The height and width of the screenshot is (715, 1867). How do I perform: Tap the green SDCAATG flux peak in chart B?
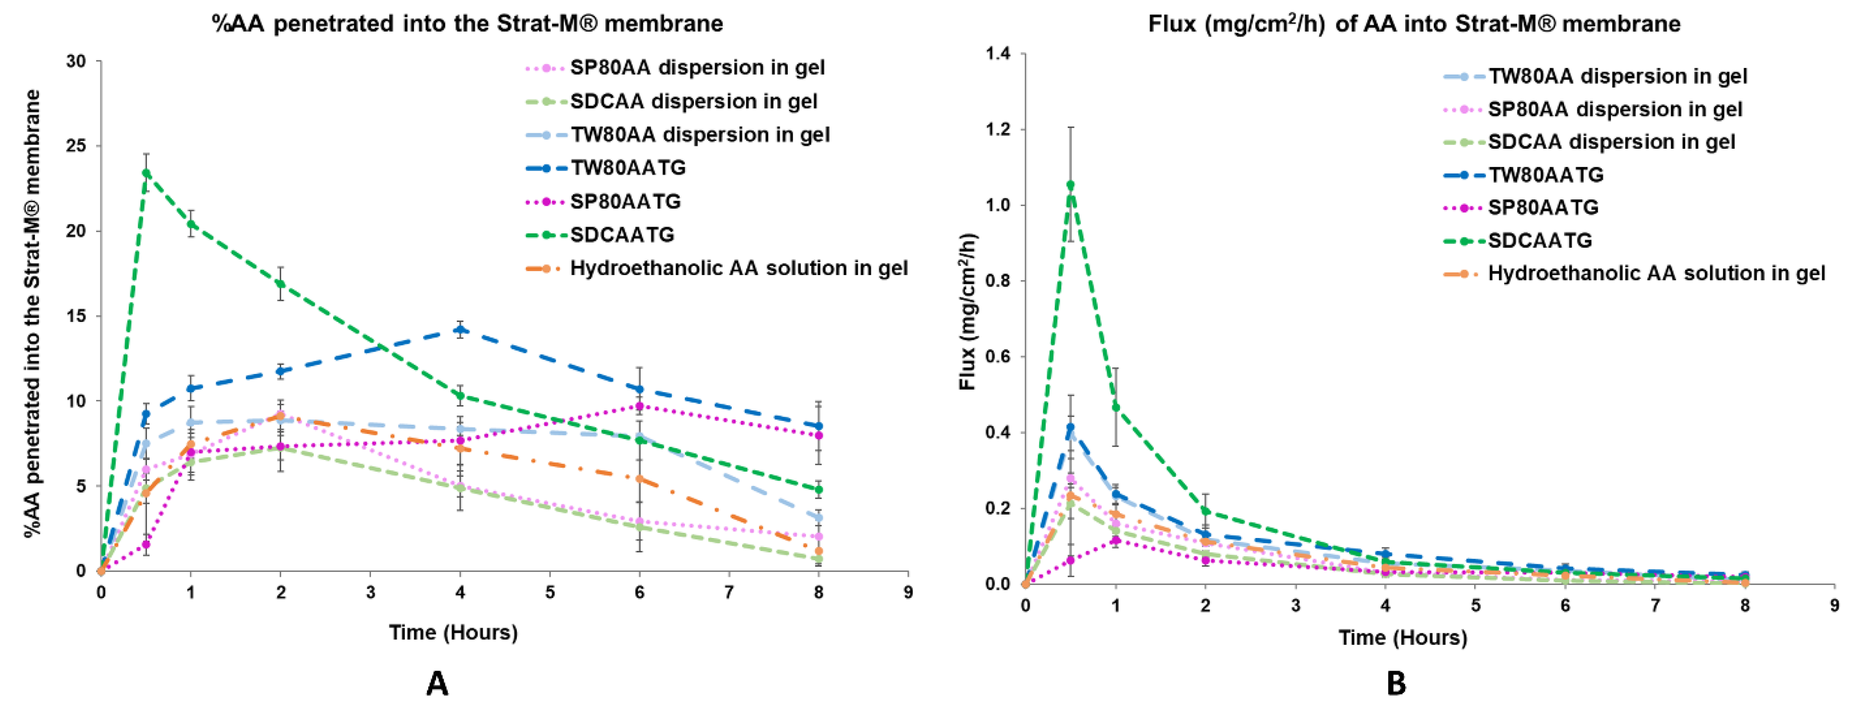[1071, 185]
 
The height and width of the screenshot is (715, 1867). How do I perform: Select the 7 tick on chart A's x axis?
[729, 593]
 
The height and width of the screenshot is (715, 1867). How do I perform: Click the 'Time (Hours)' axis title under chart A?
[453, 632]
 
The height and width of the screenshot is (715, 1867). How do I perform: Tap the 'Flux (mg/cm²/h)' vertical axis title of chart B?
[968, 311]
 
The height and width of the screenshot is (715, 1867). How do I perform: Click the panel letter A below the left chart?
[437, 683]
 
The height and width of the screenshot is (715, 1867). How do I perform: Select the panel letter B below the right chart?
[1396, 683]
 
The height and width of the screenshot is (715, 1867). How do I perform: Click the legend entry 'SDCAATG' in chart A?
[622, 235]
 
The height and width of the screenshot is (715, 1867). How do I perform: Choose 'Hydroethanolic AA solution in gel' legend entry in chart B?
[1656, 273]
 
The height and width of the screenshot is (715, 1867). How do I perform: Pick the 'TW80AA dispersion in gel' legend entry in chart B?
[1618, 76]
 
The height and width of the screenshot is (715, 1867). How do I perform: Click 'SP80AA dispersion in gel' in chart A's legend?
[697, 67]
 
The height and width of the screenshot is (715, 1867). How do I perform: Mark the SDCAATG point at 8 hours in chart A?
[819, 490]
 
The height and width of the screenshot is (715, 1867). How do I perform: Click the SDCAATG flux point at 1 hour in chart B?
[1116, 407]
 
